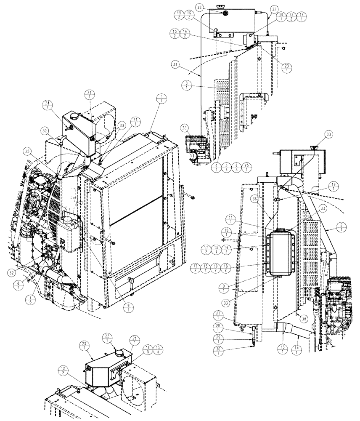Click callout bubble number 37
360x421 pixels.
pos(262,9)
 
